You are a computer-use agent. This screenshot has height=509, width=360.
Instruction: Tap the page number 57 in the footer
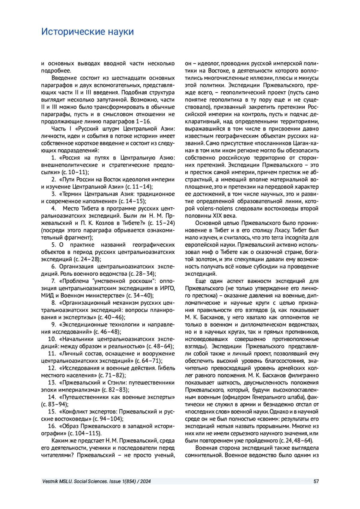point(316,481)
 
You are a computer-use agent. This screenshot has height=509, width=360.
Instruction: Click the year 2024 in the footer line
point(145,481)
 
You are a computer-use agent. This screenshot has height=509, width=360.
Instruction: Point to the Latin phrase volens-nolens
point(213,208)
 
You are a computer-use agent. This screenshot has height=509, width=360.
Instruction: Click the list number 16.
point(52,426)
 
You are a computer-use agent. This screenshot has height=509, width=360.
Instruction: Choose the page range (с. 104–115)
point(85,433)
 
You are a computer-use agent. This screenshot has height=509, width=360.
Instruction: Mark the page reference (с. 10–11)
point(75,172)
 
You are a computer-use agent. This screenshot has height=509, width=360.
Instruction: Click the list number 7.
point(53,281)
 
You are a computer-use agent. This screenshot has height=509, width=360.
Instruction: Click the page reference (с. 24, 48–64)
point(296,441)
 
